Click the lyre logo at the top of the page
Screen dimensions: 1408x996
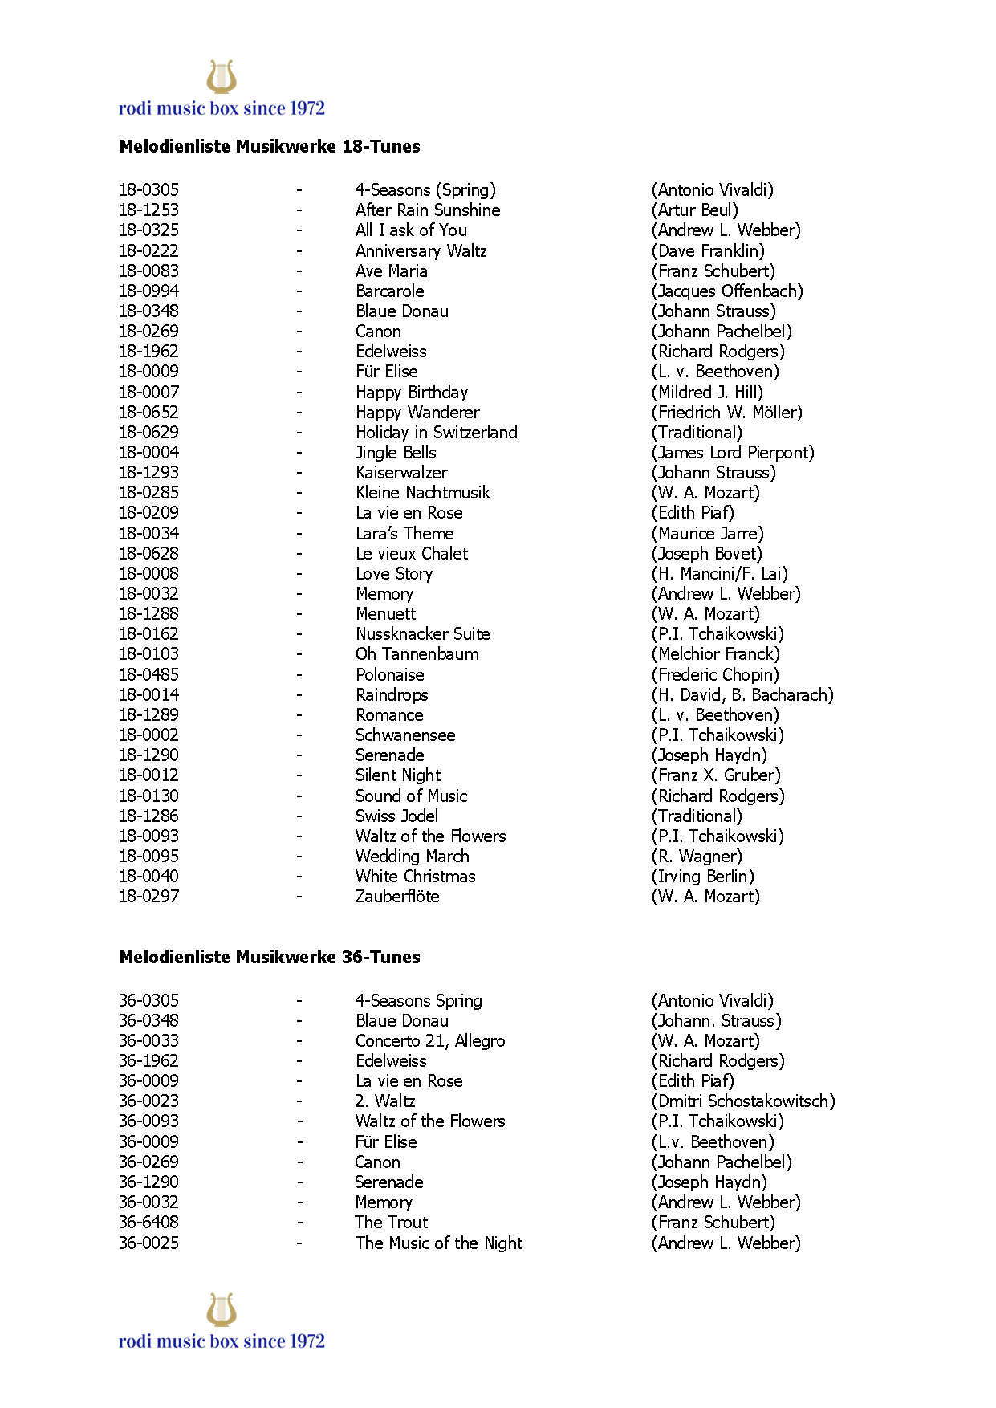[222, 77]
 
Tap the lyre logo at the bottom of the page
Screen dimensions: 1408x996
[222, 1309]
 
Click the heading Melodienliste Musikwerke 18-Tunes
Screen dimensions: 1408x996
[270, 146]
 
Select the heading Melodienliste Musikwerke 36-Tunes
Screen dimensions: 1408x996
[270, 957]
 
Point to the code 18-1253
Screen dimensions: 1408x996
[149, 210]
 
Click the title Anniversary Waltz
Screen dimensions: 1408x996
[421, 250]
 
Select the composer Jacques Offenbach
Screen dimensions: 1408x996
[727, 291]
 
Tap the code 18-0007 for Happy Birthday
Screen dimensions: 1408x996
[149, 392]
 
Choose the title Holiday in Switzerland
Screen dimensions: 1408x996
[437, 432]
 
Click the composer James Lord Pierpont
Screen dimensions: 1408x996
[733, 452]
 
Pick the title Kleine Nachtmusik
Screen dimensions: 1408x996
[422, 492]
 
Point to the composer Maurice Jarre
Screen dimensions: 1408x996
[707, 533]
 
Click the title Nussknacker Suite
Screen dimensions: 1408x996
[422, 633]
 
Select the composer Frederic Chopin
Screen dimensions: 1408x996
[715, 674]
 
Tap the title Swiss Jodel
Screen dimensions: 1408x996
[396, 816]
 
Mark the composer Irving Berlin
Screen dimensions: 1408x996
[703, 876]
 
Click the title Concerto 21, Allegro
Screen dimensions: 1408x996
[430, 1040]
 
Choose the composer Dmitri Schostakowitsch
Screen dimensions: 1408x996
[743, 1101]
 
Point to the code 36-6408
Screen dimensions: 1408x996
[149, 1222]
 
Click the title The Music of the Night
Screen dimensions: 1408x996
[438, 1243]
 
